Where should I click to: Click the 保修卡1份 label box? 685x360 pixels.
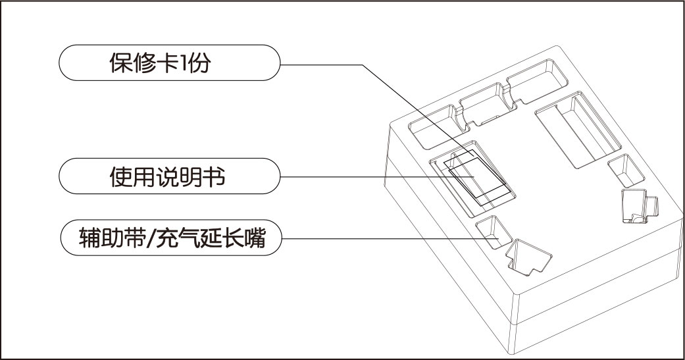coord(170,63)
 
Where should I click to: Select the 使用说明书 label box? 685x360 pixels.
coord(170,176)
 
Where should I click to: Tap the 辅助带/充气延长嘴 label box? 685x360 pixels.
coord(170,238)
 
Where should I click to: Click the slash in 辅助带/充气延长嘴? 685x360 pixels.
coord(149,238)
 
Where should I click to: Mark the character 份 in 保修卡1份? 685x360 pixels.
coord(200,63)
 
